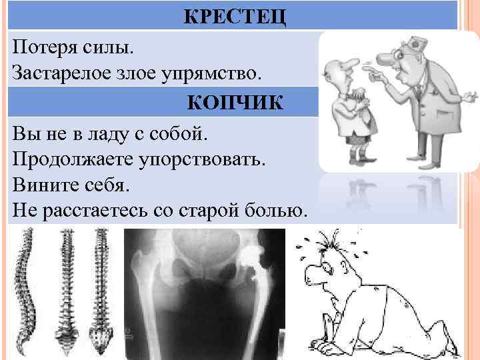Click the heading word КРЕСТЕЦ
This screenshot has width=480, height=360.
(235, 16)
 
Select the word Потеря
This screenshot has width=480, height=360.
(45, 47)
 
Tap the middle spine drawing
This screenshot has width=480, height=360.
(67, 287)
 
